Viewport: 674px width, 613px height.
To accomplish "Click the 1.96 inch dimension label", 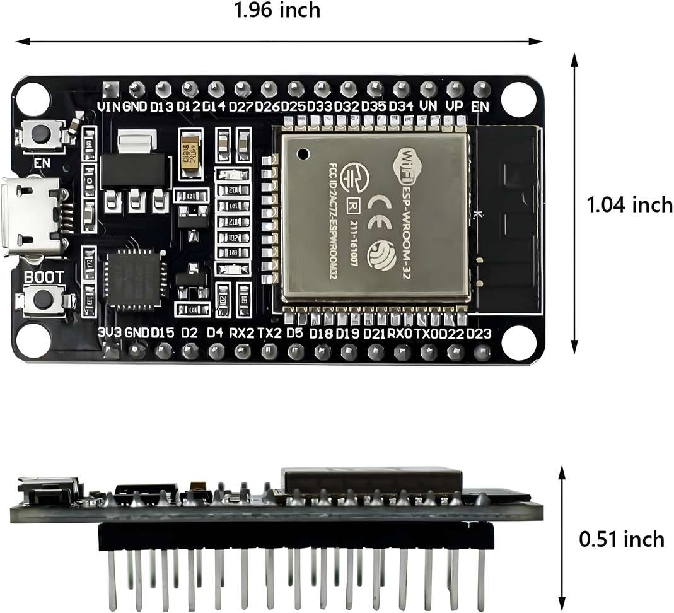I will click(x=277, y=11).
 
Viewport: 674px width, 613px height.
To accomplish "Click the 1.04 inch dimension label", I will click(x=629, y=205).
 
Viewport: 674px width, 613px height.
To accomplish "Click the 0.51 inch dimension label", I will click(x=622, y=539).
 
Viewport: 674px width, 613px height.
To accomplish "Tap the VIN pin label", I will click(x=108, y=107).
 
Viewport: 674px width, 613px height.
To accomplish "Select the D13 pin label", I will click(x=161, y=107).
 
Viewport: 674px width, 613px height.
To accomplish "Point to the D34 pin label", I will click(x=401, y=107).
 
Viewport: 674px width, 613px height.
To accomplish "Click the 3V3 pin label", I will click(x=110, y=332).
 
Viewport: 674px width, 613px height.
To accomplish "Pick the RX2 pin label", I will click(x=241, y=332).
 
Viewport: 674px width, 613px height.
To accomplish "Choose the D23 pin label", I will click(x=479, y=332).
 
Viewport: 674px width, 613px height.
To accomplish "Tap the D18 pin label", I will click(x=322, y=332).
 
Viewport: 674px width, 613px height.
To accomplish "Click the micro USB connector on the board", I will click(x=33, y=218).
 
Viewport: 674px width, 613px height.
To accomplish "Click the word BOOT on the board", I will click(x=44, y=277).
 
